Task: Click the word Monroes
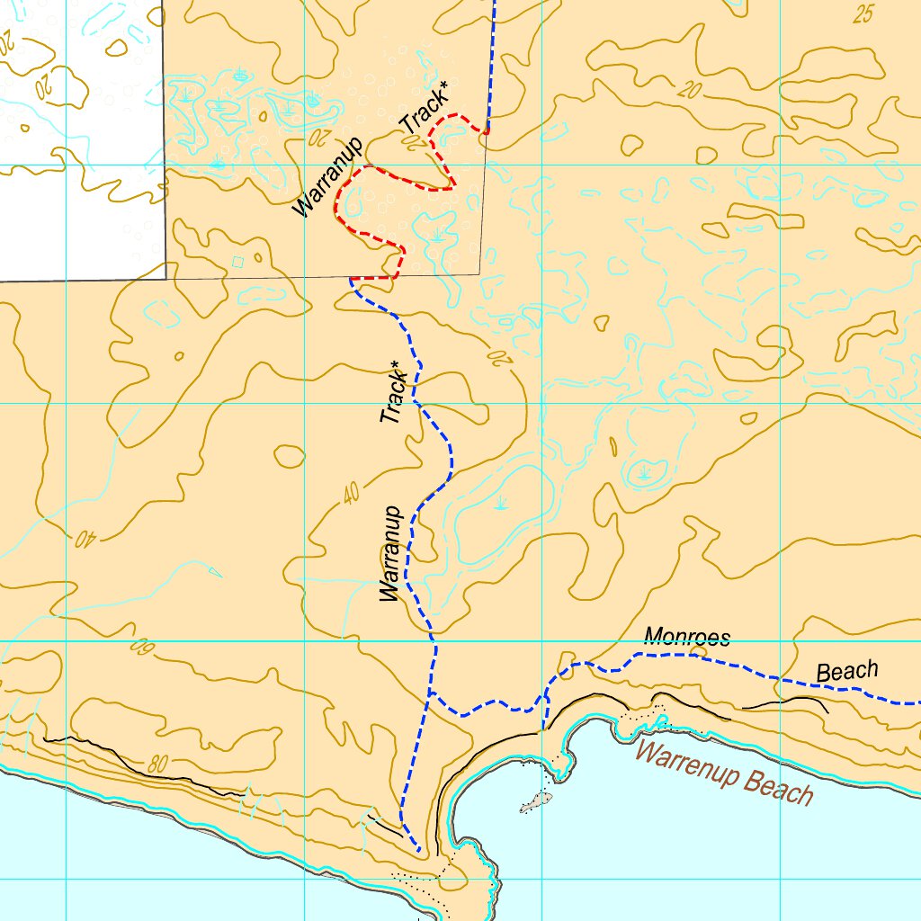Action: point(686,638)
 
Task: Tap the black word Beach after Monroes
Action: point(846,671)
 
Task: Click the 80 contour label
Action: point(157,765)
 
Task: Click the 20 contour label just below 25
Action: point(690,89)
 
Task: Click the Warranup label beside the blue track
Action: point(389,553)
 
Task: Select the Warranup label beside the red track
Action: point(326,177)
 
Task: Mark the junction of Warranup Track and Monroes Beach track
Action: point(431,693)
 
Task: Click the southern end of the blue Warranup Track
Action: point(418,850)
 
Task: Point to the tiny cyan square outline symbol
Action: point(237,262)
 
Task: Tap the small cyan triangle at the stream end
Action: point(214,571)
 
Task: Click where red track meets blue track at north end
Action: point(487,132)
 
